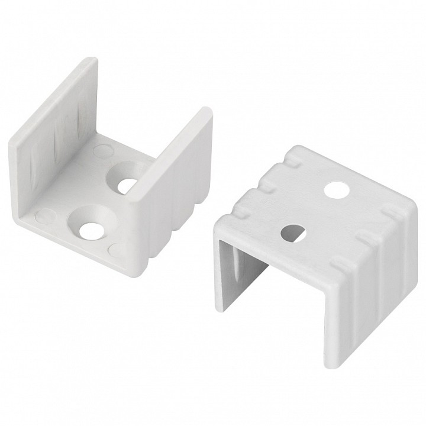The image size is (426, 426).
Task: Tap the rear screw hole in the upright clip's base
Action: [x=126, y=184]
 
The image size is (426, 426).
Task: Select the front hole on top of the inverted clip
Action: [x=292, y=231]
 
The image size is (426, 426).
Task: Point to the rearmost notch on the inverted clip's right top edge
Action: [x=391, y=212]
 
